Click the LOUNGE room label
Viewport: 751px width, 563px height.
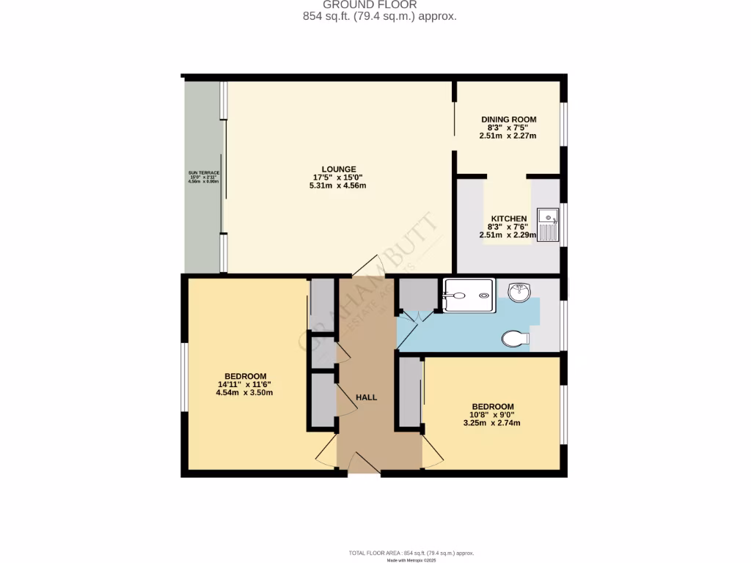[x=337, y=168]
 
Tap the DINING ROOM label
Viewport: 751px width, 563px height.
[x=508, y=119]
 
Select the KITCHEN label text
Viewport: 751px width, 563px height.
[x=508, y=218]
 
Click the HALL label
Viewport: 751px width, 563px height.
[x=366, y=397]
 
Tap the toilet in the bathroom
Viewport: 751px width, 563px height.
[x=516, y=339]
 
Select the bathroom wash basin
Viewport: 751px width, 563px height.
[x=520, y=292]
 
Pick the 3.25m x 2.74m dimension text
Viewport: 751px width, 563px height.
[x=492, y=423]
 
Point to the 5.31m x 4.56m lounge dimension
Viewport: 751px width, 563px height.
[x=337, y=185]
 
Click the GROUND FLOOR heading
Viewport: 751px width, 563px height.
[x=380, y=4]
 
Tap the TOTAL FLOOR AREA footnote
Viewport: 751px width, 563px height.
[x=411, y=553]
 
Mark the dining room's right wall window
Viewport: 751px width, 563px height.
[x=563, y=123]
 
